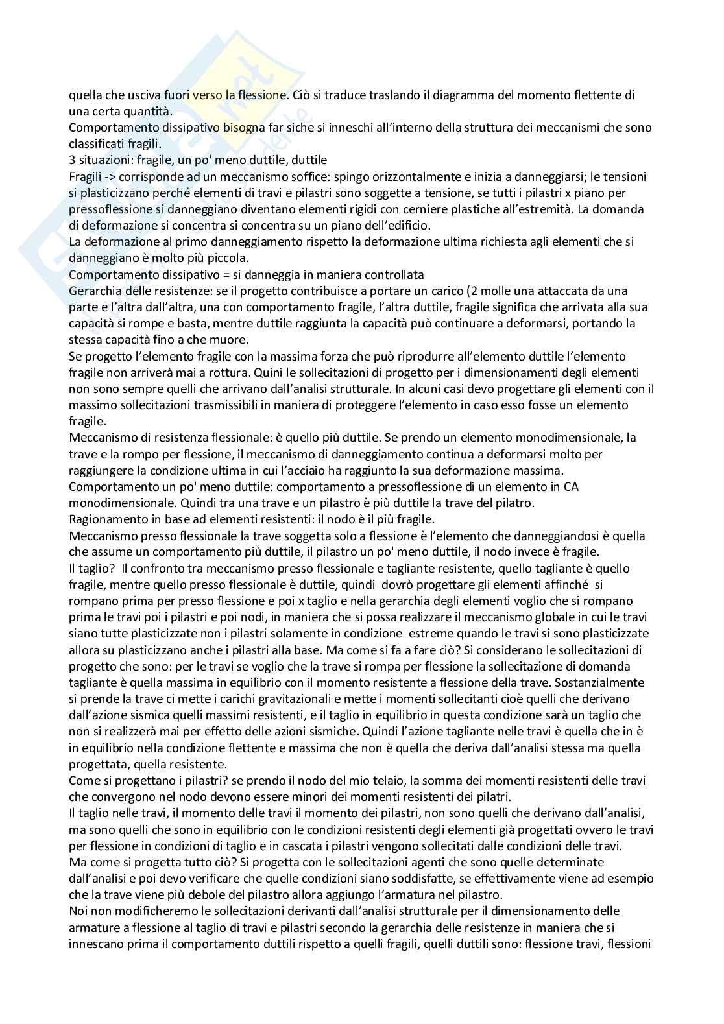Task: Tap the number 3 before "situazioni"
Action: tap(72, 160)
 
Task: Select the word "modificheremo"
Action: tap(146, 911)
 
